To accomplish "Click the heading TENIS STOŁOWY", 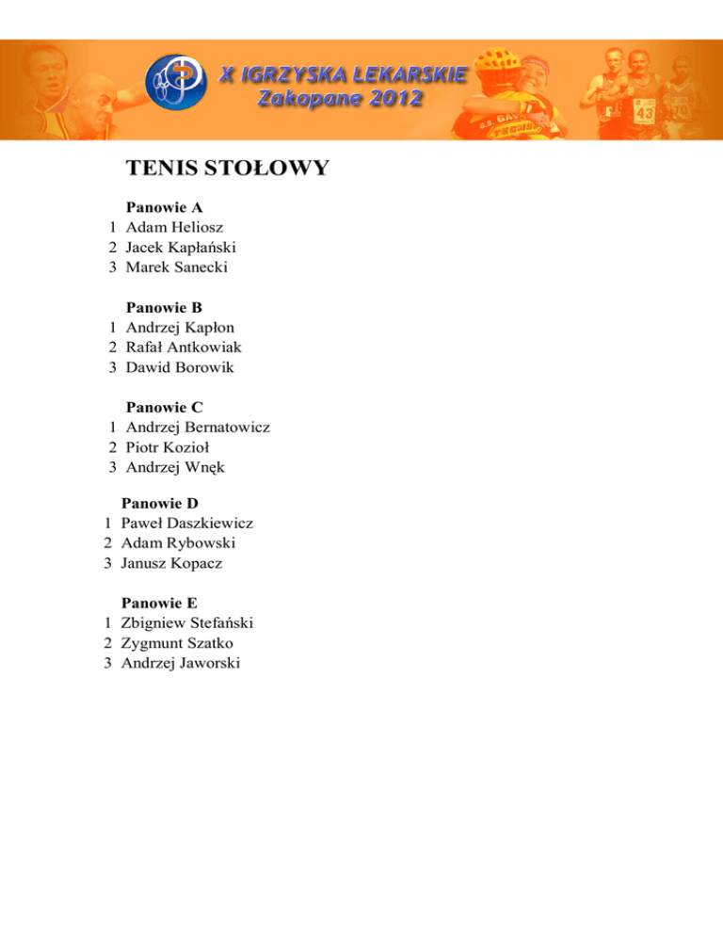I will [x=227, y=169].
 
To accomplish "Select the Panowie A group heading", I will [x=165, y=205].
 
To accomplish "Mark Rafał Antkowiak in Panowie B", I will [x=184, y=347].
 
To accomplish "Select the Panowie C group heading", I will [x=165, y=408].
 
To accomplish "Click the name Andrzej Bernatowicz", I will [x=198, y=428].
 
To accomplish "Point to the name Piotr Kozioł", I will [x=169, y=447].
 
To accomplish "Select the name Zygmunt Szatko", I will [x=177, y=643].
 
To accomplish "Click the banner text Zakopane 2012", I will [x=341, y=99].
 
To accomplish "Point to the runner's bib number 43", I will [x=644, y=113].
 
